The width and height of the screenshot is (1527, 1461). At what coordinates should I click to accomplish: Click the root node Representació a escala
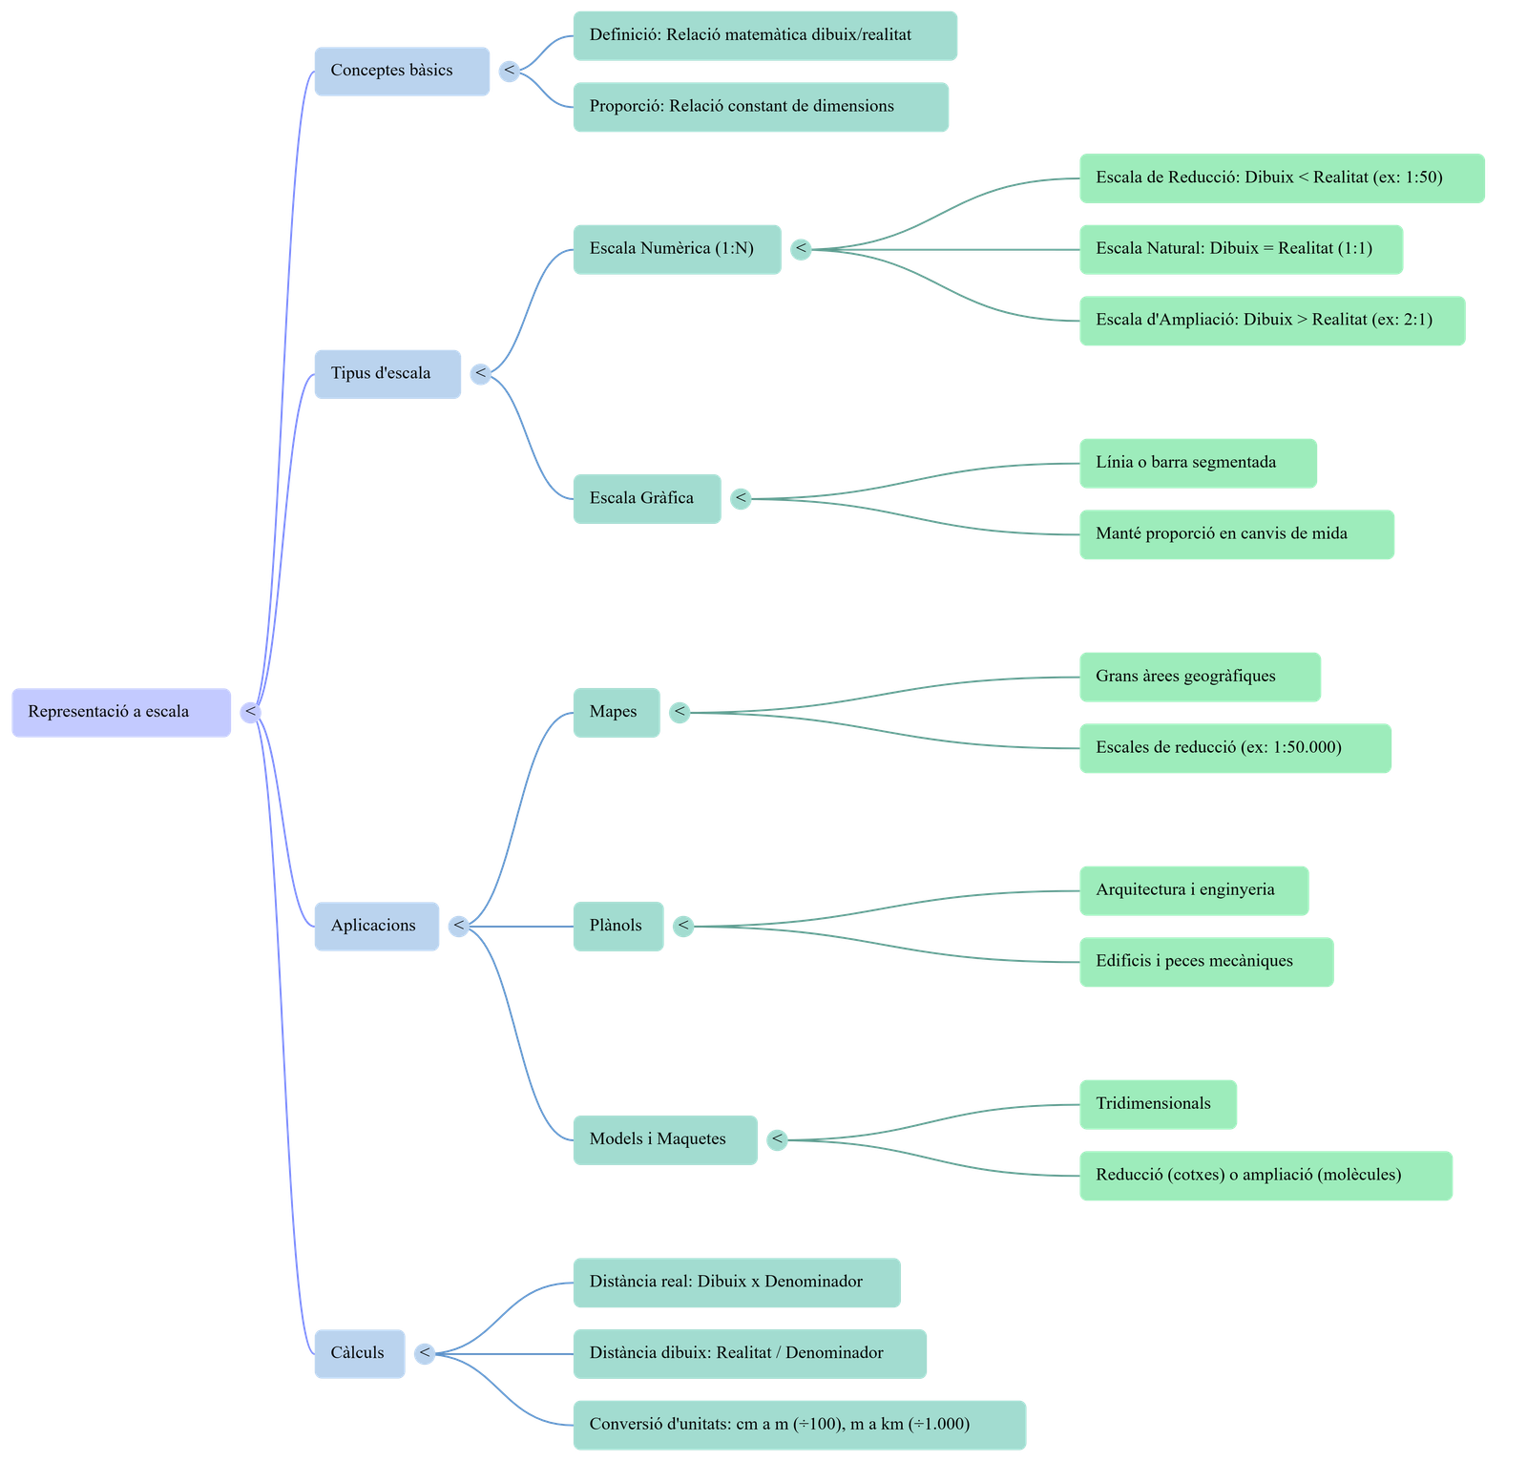(121, 712)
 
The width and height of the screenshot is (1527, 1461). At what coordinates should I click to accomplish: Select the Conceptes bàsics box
(402, 71)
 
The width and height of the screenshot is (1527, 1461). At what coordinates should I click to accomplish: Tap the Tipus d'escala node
(387, 373)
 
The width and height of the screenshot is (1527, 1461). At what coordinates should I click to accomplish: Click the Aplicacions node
(377, 926)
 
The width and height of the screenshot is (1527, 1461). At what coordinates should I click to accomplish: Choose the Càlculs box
(360, 1353)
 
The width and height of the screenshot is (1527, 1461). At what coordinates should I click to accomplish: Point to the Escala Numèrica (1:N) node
(676, 249)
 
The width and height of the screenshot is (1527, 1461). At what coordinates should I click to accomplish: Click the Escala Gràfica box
(646, 498)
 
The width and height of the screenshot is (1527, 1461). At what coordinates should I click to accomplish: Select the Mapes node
(616, 712)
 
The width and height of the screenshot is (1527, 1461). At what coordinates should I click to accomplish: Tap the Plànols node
(617, 926)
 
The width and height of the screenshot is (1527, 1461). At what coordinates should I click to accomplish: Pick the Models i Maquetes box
(665, 1139)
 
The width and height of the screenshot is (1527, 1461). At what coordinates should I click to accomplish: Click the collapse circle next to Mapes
(680, 712)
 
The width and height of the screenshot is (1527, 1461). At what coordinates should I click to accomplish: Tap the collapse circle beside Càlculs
(425, 1353)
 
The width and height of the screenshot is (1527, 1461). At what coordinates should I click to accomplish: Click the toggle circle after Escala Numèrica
(801, 249)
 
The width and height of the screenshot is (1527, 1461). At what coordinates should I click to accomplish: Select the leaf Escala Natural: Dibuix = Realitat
(1241, 249)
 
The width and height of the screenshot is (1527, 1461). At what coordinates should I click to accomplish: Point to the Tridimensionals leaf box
(1158, 1104)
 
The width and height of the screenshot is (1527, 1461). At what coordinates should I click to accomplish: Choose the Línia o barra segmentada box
(1198, 463)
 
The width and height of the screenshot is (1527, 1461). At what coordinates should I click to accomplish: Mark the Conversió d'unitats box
(799, 1425)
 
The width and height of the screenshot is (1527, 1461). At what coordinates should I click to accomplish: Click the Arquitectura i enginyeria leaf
(1193, 890)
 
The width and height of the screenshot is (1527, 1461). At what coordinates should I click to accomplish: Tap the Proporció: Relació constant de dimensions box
(761, 107)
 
